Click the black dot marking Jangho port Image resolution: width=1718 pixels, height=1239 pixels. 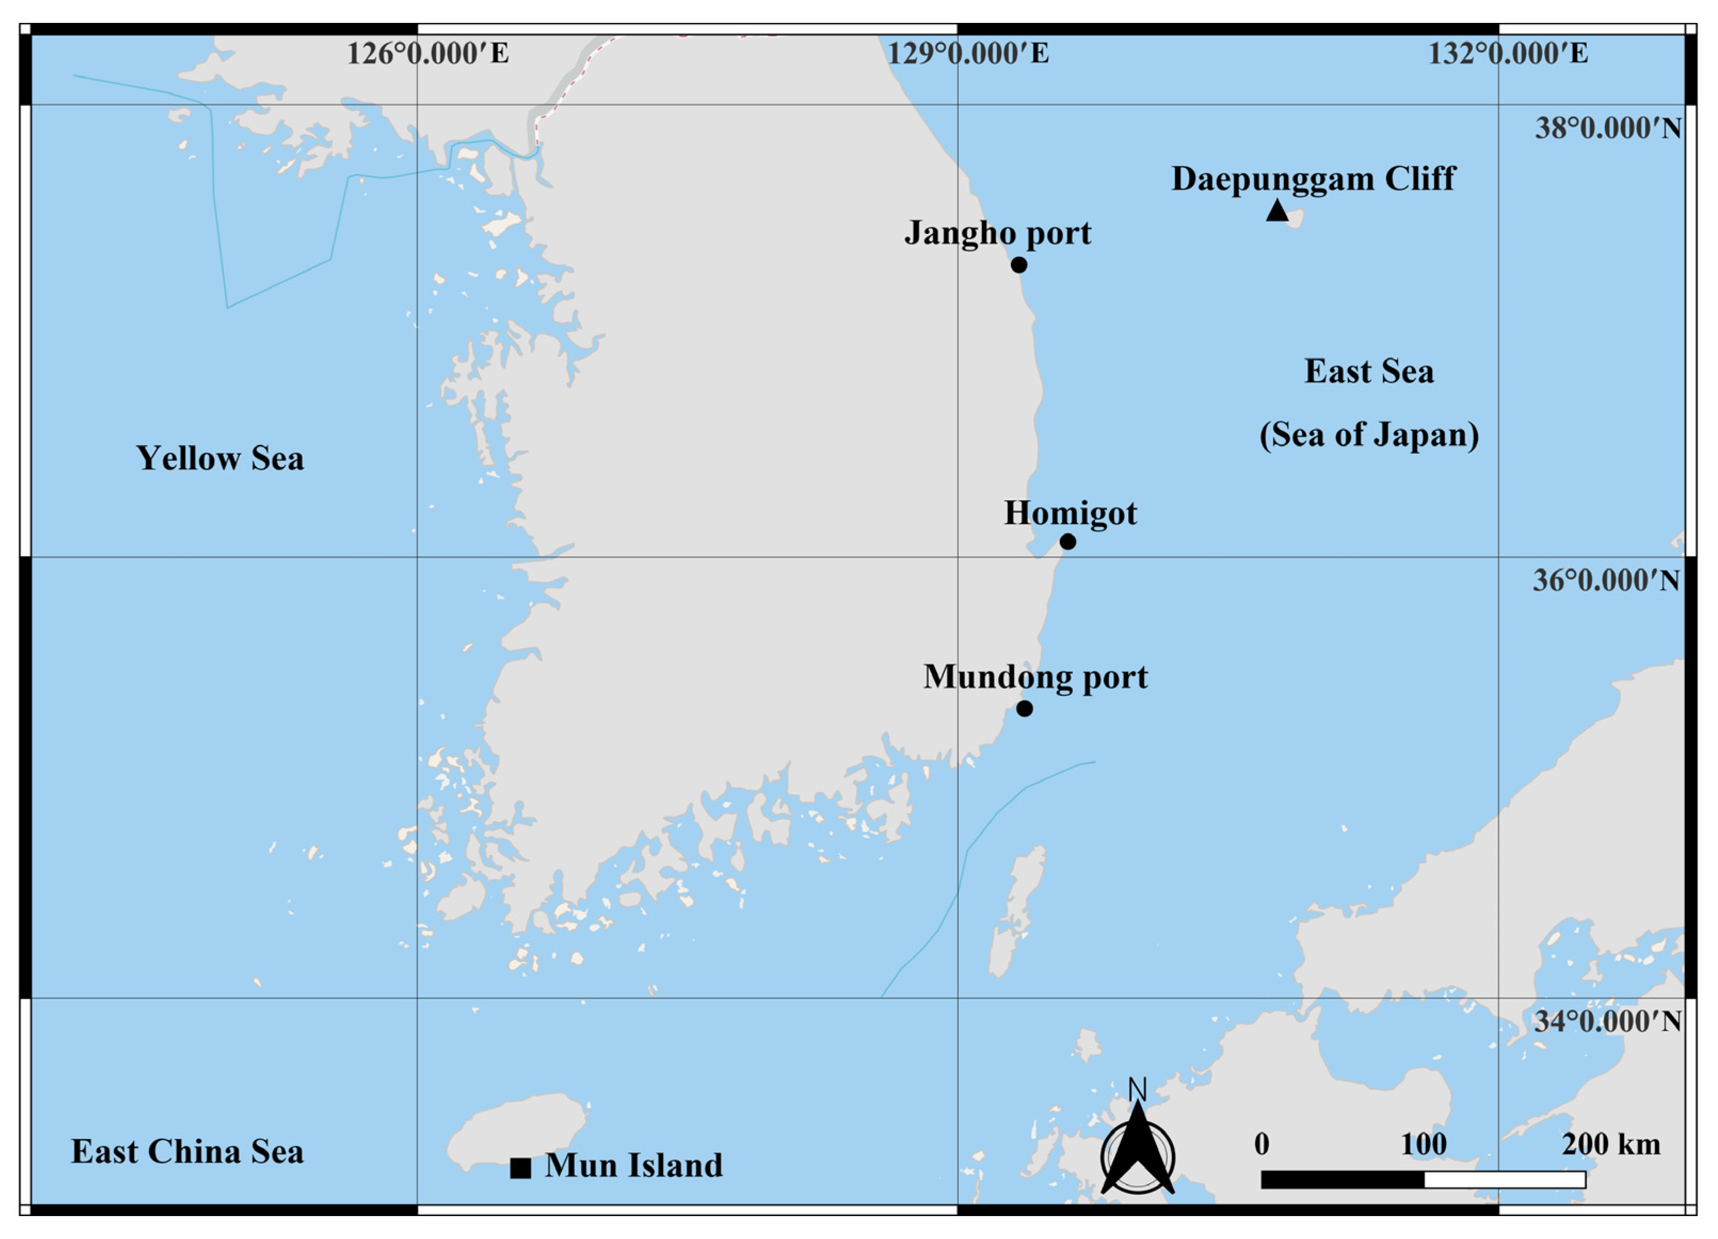(1019, 265)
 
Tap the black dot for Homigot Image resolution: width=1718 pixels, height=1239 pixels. (1067, 542)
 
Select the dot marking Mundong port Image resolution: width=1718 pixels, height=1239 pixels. (1024, 709)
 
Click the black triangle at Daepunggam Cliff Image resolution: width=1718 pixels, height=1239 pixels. (1277, 211)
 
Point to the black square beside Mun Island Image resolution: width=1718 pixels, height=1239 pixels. (520, 1169)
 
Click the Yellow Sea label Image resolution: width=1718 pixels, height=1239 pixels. (220, 458)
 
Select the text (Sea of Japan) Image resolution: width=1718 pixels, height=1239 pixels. (1369, 435)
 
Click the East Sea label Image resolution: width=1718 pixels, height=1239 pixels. (1369, 372)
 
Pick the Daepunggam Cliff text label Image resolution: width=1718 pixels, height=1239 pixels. (1313, 179)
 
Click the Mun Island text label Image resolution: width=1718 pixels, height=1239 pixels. (634, 1165)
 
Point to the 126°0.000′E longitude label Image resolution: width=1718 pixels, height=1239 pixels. (428, 54)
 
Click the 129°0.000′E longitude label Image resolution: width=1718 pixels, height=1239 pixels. (968, 54)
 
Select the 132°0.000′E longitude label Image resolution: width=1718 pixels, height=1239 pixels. (1508, 54)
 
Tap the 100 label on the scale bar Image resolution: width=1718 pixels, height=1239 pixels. (1423, 1144)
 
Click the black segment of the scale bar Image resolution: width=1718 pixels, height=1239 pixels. (1342, 1179)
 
